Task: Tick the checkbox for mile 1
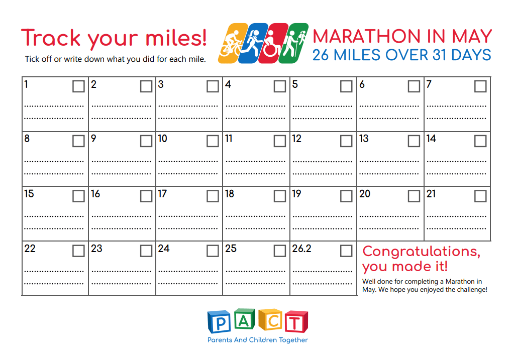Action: (x=78, y=86)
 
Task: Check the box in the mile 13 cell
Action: (x=414, y=141)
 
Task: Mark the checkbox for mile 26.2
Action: (x=346, y=251)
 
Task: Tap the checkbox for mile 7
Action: (x=480, y=86)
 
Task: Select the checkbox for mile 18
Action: (x=279, y=196)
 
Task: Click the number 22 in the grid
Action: (x=30, y=249)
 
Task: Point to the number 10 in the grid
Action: (x=163, y=139)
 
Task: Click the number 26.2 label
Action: (x=301, y=249)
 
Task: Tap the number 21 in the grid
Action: (x=431, y=194)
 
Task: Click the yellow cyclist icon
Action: (x=232, y=43)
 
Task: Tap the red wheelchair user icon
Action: (x=273, y=43)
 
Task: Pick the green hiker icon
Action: (x=293, y=43)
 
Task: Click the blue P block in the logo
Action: (x=220, y=322)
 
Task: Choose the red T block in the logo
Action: (x=296, y=322)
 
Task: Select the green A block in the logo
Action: (x=245, y=319)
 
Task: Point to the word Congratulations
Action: (x=421, y=252)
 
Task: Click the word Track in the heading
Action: (x=51, y=38)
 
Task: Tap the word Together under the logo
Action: (x=293, y=340)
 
